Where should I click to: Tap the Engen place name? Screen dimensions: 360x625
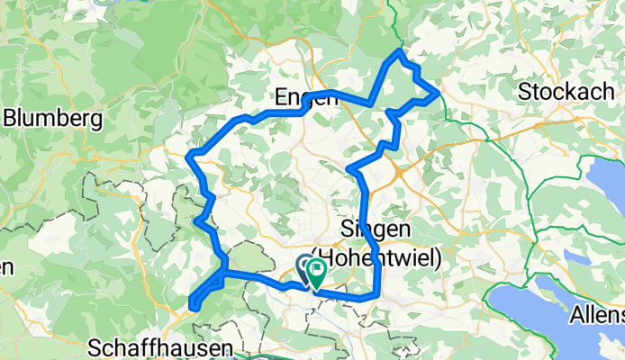(x=305, y=97)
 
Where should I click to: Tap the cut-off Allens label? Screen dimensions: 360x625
(x=597, y=316)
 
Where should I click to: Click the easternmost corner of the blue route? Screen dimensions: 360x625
(x=438, y=93)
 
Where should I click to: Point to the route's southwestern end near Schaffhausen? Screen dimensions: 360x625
(x=194, y=308)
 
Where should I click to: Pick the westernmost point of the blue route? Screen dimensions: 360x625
(x=187, y=157)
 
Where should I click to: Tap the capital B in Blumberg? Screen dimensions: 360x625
(x=11, y=118)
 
